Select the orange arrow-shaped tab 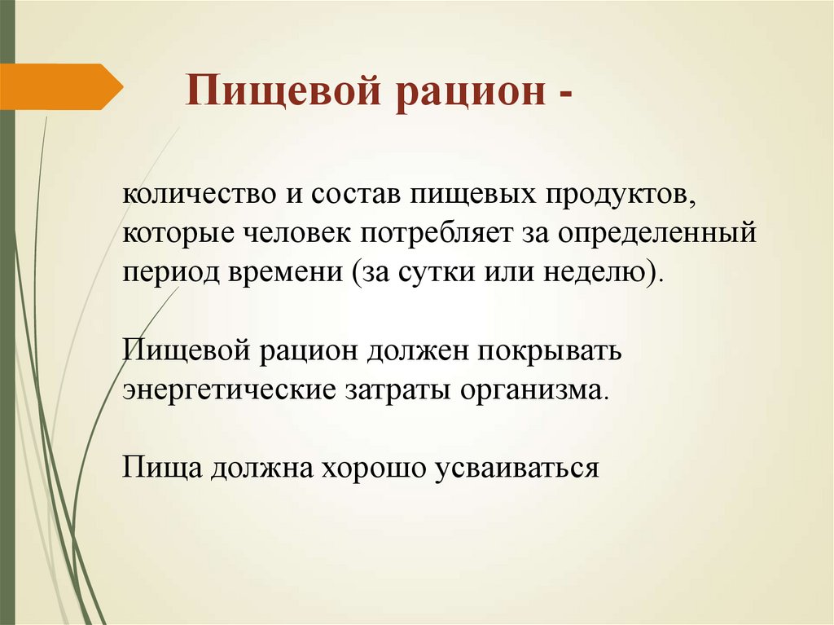(61, 86)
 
